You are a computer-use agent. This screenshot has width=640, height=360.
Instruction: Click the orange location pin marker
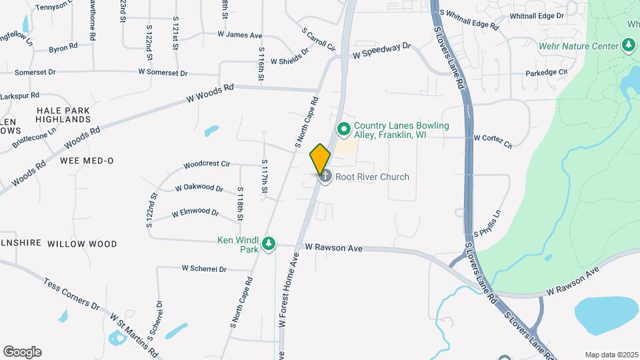click(320, 159)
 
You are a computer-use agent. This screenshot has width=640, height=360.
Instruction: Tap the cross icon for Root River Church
click(325, 177)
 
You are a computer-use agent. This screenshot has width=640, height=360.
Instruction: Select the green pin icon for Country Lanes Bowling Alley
click(344, 128)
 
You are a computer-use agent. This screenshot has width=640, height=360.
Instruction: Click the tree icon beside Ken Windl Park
click(269, 244)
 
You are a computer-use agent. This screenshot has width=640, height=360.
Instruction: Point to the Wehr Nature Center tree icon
click(628, 45)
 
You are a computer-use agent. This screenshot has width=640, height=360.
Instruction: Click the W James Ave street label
click(239, 35)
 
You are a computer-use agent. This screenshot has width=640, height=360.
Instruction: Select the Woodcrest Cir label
click(207, 163)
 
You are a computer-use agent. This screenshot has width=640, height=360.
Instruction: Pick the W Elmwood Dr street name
click(195, 213)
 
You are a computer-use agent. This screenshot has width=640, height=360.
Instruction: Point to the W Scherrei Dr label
click(204, 269)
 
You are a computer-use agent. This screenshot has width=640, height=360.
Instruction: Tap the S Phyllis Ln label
click(487, 225)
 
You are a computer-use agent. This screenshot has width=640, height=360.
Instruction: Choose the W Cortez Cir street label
click(493, 140)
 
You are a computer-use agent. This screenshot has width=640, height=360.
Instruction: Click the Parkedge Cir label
click(546, 72)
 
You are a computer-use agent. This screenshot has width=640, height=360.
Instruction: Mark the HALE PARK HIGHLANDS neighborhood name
click(63, 115)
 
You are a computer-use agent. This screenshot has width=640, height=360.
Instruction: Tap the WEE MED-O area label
click(87, 161)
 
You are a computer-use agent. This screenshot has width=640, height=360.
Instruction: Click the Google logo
click(22, 352)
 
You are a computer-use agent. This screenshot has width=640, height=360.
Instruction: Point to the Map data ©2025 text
click(611, 355)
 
